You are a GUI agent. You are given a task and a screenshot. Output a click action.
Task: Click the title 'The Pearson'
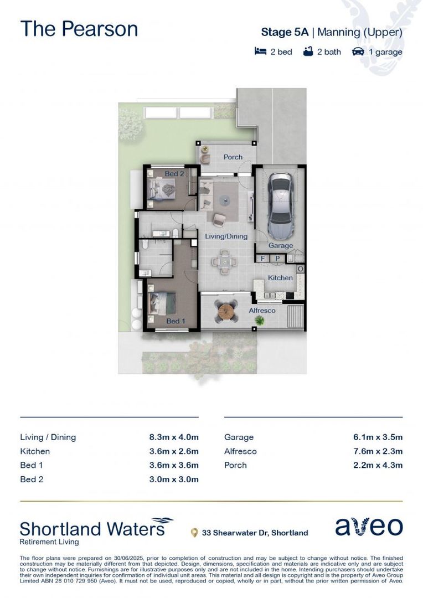(79, 29)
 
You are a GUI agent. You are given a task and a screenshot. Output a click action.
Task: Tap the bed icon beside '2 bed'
(260, 52)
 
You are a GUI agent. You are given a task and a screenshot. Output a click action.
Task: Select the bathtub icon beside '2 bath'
(308, 52)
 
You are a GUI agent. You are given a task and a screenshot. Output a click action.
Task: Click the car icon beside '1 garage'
(358, 52)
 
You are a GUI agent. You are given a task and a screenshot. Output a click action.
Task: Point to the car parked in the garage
(281, 204)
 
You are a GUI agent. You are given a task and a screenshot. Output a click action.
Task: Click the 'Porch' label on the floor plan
(233, 157)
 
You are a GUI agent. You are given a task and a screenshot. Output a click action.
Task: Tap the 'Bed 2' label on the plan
(174, 174)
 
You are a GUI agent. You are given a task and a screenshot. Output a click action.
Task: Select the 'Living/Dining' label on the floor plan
(226, 236)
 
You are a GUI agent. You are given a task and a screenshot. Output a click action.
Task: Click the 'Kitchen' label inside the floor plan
(280, 277)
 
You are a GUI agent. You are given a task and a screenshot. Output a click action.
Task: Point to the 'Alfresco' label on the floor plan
(262, 311)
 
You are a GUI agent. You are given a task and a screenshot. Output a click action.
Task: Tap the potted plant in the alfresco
(252, 319)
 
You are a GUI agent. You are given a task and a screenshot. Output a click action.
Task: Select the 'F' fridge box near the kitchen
(262, 259)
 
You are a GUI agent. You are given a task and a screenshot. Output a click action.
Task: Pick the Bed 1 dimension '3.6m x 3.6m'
(173, 465)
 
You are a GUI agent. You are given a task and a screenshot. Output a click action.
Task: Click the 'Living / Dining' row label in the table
(48, 437)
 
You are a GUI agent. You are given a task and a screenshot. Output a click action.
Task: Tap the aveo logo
(369, 527)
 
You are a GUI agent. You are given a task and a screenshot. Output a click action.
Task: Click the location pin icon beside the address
(194, 533)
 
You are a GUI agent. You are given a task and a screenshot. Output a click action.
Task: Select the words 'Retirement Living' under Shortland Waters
(49, 542)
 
